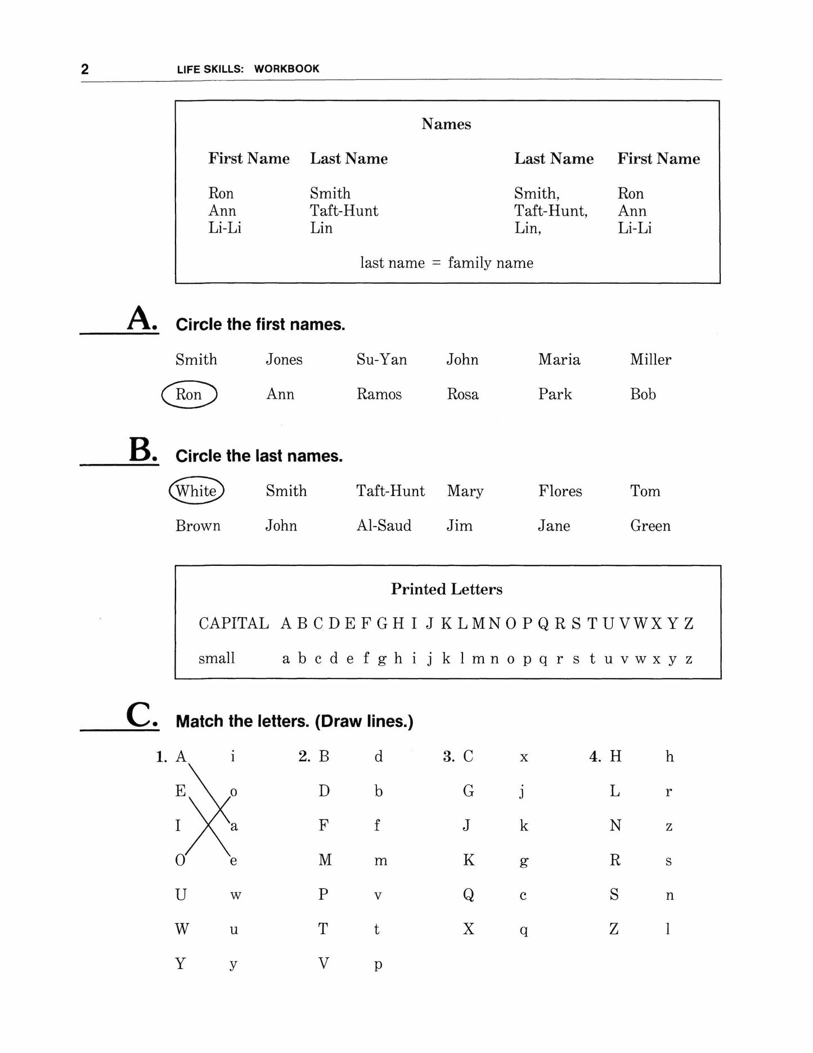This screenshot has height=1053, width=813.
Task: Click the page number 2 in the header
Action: (x=85, y=69)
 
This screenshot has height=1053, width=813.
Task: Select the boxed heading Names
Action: (x=446, y=124)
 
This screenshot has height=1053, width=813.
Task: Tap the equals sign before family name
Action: (x=436, y=263)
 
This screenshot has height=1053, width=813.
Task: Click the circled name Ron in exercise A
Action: (x=188, y=394)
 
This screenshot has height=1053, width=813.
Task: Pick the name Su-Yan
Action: (x=381, y=359)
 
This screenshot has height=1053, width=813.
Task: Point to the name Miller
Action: (x=650, y=359)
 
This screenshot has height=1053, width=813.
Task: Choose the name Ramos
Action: (x=379, y=394)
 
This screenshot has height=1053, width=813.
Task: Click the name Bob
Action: (x=643, y=394)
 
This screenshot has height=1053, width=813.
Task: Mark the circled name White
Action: (x=196, y=491)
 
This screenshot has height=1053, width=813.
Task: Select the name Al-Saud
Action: (x=384, y=526)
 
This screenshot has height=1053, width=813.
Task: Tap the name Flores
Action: (x=560, y=491)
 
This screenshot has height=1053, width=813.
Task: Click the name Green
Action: (x=650, y=526)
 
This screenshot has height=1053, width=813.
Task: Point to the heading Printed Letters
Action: (x=447, y=589)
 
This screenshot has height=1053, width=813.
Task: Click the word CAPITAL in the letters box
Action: (x=233, y=624)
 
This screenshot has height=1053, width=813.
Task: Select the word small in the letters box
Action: (x=217, y=658)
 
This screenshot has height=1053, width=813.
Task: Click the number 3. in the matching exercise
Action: (x=448, y=757)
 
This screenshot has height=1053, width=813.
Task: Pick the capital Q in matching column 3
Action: (x=468, y=895)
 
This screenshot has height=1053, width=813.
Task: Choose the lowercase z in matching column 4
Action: (x=669, y=827)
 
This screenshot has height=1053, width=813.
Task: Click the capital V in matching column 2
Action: (x=324, y=963)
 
